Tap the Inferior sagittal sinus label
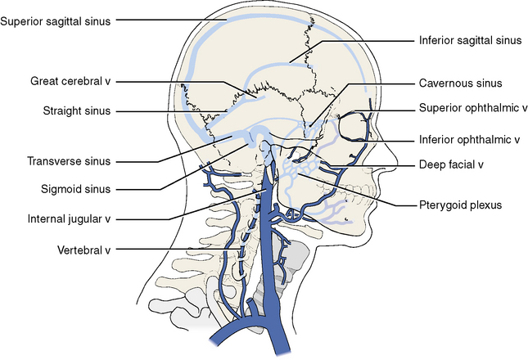pyautogui.click(x=469, y=38)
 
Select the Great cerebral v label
pyautogui.click(x=70, y=82)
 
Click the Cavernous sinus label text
pyautogui.click(x=461, y=83)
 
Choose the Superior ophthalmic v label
pyautogui.click(x=469, y=107)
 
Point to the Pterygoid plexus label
pyautogui.click(x=459, y=205)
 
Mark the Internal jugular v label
pyautogui.click(x=69, y=219)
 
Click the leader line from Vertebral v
pyautogui.click(x=164, y=250)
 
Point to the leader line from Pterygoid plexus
pyautogui.click(x=360, y=190)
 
